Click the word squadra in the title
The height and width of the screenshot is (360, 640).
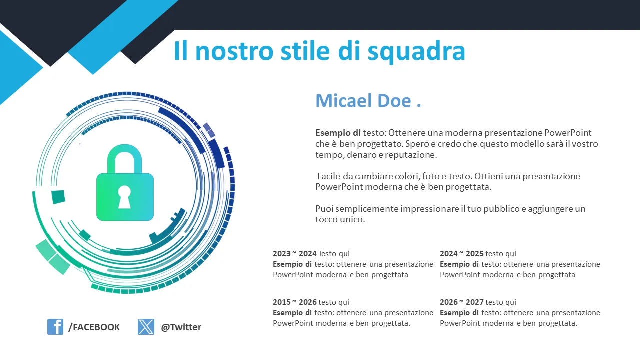pos(416,52)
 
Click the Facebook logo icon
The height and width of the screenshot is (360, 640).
pos(55,327)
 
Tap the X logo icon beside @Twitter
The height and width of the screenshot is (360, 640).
pos(146,327)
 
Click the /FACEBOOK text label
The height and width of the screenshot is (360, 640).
pos(94,327)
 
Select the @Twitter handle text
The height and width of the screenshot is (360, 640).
pos(181,327)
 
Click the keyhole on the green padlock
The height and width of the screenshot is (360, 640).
pos(124,197)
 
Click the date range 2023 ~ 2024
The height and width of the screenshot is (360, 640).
pos(295,253)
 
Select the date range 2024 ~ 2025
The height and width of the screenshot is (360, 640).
pos(461,253)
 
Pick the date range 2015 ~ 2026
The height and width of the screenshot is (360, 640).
pos(295,302)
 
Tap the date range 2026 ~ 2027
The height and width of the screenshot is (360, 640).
pos(461,302)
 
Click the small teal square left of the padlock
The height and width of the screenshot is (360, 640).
pos(58,197)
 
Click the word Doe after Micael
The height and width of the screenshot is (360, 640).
pos(394,101)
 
